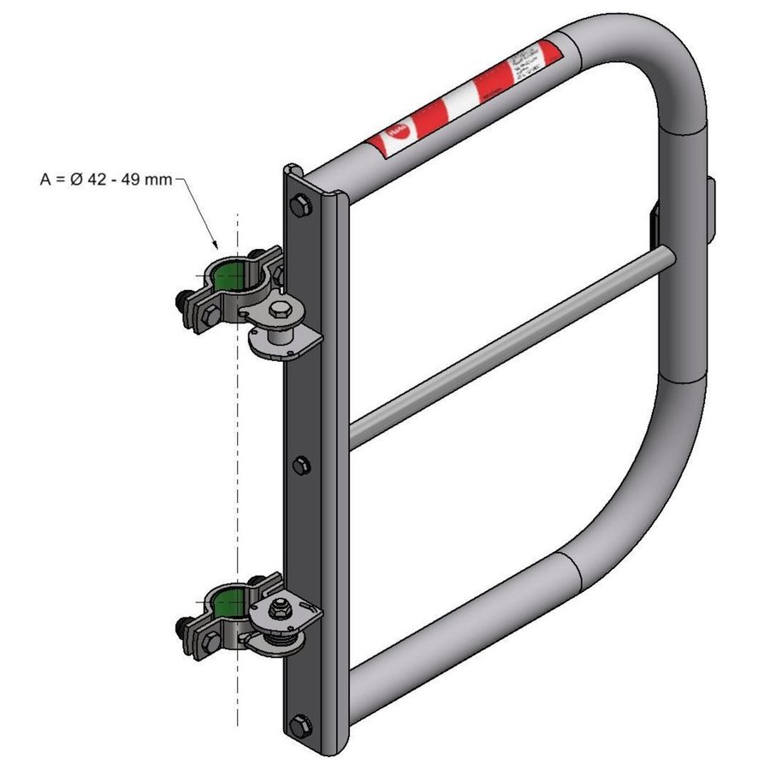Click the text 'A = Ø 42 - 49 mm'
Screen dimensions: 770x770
click(x=106, y=180)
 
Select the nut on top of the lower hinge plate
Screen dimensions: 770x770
click(x=279, y=608)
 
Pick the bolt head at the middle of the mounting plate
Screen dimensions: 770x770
click(x=299, y=465)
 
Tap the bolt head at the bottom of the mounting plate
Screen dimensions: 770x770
click(x=298, y=725)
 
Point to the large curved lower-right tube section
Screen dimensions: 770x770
click(x=650, y=479)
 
